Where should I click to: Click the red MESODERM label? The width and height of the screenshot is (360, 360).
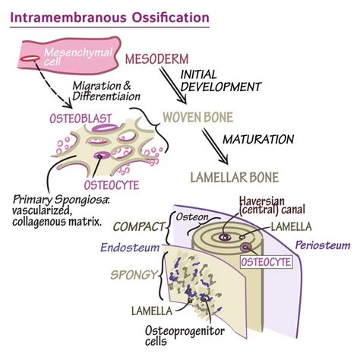point(158,59)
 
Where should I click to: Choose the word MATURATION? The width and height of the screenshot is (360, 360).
point(259,140)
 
